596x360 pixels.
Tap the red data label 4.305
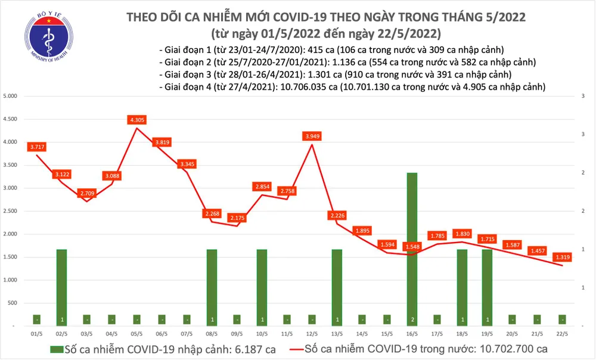pyautogui.click(x=137, y=120)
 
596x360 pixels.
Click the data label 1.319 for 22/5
pyautogui.click(x=561, y=257)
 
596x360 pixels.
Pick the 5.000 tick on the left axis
pyautogui.click(x=11, y=96)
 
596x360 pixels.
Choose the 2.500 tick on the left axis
pyautogui.click(x=11, y=211)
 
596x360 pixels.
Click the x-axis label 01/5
pyautogui.click(x=37, y=335)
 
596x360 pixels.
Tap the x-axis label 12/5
pyautogui.click(x=312, y=335)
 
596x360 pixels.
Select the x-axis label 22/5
pyautogui.click(x=561, y=335)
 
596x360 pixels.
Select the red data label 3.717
pyautogui.click(x=37, y=147)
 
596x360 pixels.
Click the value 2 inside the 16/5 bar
pyautogui.click(x=412, y=319)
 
